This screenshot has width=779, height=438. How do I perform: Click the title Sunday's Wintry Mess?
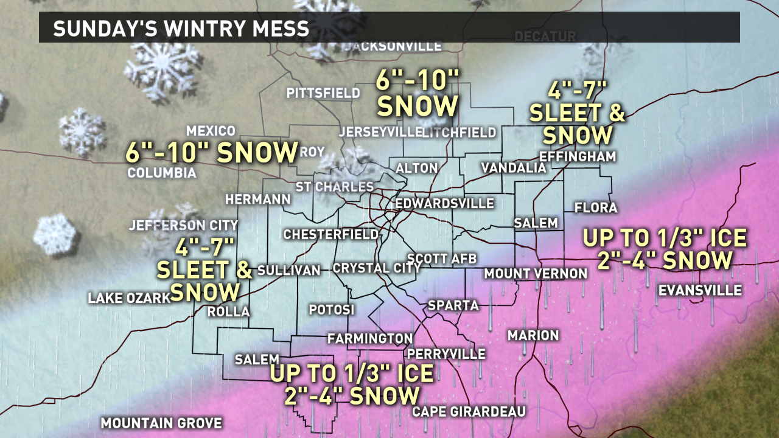coord(181,29)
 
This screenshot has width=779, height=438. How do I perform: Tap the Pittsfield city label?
coord(323,93)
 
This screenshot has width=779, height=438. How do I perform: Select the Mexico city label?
coord(211,131)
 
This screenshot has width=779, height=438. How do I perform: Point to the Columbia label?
coord(162,173)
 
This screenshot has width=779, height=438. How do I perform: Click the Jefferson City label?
coord(183,226)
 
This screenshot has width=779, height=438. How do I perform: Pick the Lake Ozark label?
coord(128,298)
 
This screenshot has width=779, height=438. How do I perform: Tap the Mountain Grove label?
coord(161,423)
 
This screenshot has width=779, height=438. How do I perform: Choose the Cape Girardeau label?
coord(469,412)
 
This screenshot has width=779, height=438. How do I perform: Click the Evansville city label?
coord(700,290)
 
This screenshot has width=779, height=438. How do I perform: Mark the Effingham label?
coord(578,156)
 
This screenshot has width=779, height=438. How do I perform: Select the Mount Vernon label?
coord(536,274)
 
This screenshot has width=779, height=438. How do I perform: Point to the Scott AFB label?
coord(442,258)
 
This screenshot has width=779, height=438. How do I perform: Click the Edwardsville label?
coord(445,203)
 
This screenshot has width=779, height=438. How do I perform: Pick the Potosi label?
coord(331,310)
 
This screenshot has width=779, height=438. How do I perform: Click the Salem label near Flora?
coord(536,223)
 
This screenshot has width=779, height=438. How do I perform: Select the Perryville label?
coord(447,353)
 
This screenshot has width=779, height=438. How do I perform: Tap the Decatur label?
coord(545,37)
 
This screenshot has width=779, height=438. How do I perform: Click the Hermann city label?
coord(257,200)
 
